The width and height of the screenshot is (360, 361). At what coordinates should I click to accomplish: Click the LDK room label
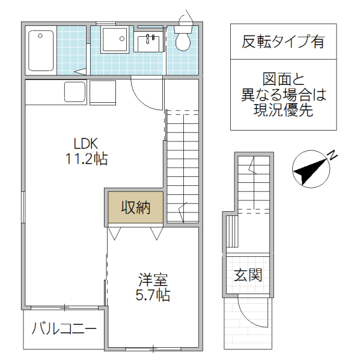coord(86,144)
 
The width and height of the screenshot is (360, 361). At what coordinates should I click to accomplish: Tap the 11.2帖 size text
coord(86,159)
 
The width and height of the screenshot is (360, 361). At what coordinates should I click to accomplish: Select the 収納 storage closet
coord(135,208)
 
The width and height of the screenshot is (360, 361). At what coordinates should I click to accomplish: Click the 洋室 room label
coord(153,280)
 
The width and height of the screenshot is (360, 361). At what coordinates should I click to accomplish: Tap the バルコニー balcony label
coord(64,329)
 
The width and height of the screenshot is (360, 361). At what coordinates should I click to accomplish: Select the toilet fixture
coord(183,40)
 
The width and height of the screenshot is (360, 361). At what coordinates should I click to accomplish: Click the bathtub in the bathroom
coord(41,50)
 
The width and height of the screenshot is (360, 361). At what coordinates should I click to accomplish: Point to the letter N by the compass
coord(332,156)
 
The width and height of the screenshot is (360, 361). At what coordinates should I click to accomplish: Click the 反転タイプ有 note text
coord(283,42)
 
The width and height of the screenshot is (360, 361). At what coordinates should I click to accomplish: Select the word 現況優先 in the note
coord(283,111)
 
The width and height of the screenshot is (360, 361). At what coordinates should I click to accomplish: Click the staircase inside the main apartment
coord(182,165)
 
